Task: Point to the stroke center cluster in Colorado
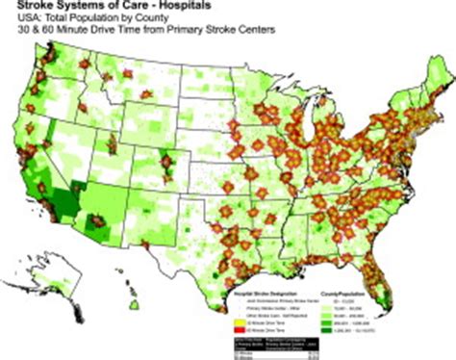(169, 164)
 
